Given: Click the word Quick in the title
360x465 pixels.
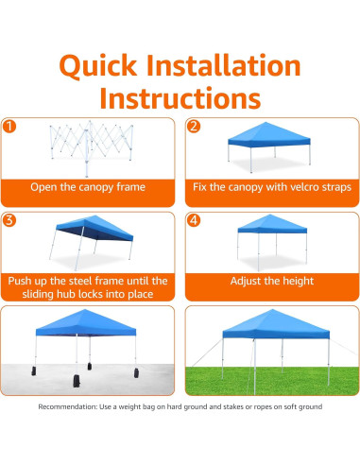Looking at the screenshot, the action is [x=98, y=67].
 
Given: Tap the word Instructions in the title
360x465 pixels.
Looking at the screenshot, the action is [x=180, y=98].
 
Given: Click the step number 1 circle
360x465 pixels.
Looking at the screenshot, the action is [x=9, y=126].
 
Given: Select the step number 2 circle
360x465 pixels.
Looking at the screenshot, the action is [x=194, y=126].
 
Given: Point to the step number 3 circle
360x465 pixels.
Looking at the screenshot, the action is [x=9, y=220].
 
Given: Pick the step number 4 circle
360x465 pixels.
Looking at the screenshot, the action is [x=194, y=220].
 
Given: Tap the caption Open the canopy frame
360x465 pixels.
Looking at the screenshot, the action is [x=88, y=187].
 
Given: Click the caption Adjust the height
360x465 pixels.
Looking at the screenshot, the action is [x=272, y=281].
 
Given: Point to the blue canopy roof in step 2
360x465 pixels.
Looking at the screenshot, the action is [x=269, y=134].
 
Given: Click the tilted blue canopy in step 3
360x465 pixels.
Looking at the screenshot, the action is [x=94, y=228].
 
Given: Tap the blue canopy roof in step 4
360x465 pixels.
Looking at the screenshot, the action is [x=272, y=224].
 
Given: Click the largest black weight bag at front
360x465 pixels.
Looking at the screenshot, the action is [x=77, y=381].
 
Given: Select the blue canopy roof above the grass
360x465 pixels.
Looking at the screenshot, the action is [x=276, y=324].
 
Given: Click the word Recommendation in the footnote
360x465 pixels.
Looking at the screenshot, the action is [x=67, y=406].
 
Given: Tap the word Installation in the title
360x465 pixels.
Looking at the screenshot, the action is [x=224, y=65].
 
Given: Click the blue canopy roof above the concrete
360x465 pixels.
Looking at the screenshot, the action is [x=86, y=322].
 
